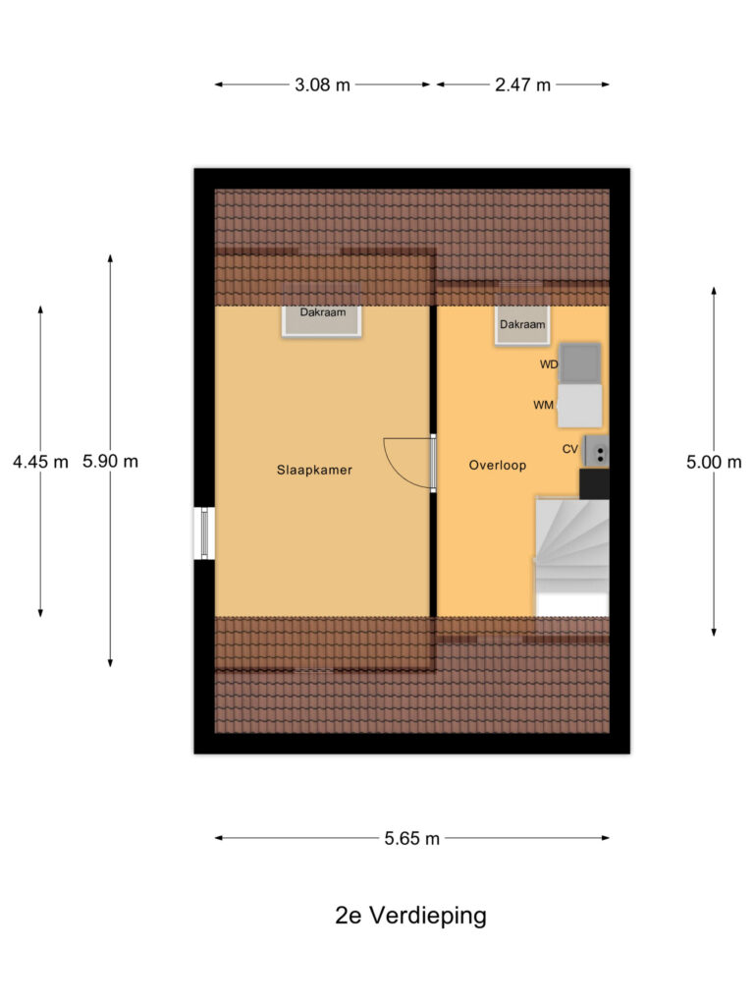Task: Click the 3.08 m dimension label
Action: [323, 84]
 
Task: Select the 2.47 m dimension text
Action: [522, 84]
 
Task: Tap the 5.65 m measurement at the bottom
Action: [412, 838]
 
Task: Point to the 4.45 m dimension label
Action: [40, 462]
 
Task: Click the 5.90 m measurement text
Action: [111, 462]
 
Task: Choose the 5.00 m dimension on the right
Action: [714, 462]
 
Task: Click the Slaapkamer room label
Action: [314, 470]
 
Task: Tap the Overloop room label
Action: [498, 466]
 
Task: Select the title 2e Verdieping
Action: [410, 916]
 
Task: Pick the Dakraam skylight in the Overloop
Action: [521, 326]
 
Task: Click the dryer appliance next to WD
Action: [580, 363]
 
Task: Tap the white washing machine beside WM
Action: [580, 405]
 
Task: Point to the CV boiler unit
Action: [595, 451]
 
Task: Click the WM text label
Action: [543, 405]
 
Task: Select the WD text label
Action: [549, 364]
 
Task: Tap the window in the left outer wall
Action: [204, 533]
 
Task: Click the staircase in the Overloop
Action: [571, 556]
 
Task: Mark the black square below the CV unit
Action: [594, 483]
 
